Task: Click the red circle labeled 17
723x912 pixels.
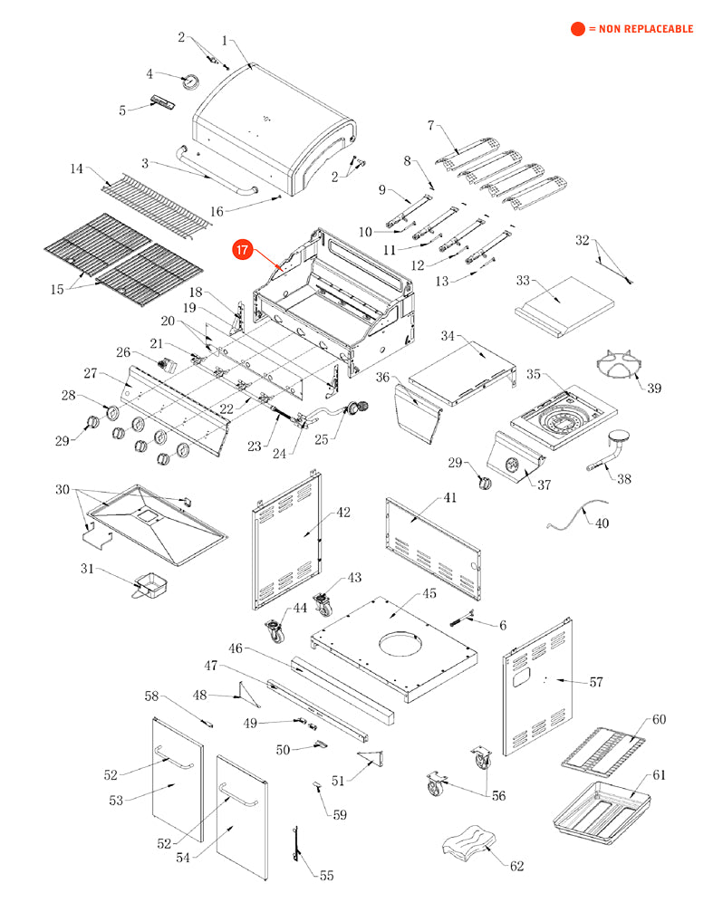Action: [242, 251]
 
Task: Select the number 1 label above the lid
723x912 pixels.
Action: [225, 41]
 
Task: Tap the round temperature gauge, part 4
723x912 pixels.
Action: [191, 82]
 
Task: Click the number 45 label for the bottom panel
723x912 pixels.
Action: [429, 594]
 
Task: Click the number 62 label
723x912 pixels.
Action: [516, 866]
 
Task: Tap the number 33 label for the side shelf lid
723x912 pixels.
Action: [523, 281]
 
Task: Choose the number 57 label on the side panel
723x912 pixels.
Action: [595, 682]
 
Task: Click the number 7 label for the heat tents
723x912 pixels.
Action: [430, 124]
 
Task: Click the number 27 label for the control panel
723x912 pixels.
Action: [90, 373]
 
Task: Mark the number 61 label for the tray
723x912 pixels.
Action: [659, 775]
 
